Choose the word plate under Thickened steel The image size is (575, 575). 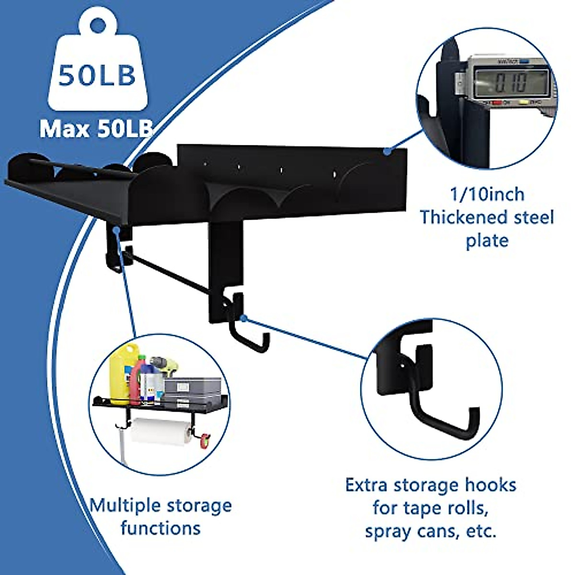click(x=487, y=240)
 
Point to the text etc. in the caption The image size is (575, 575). click(x=481, y=531)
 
